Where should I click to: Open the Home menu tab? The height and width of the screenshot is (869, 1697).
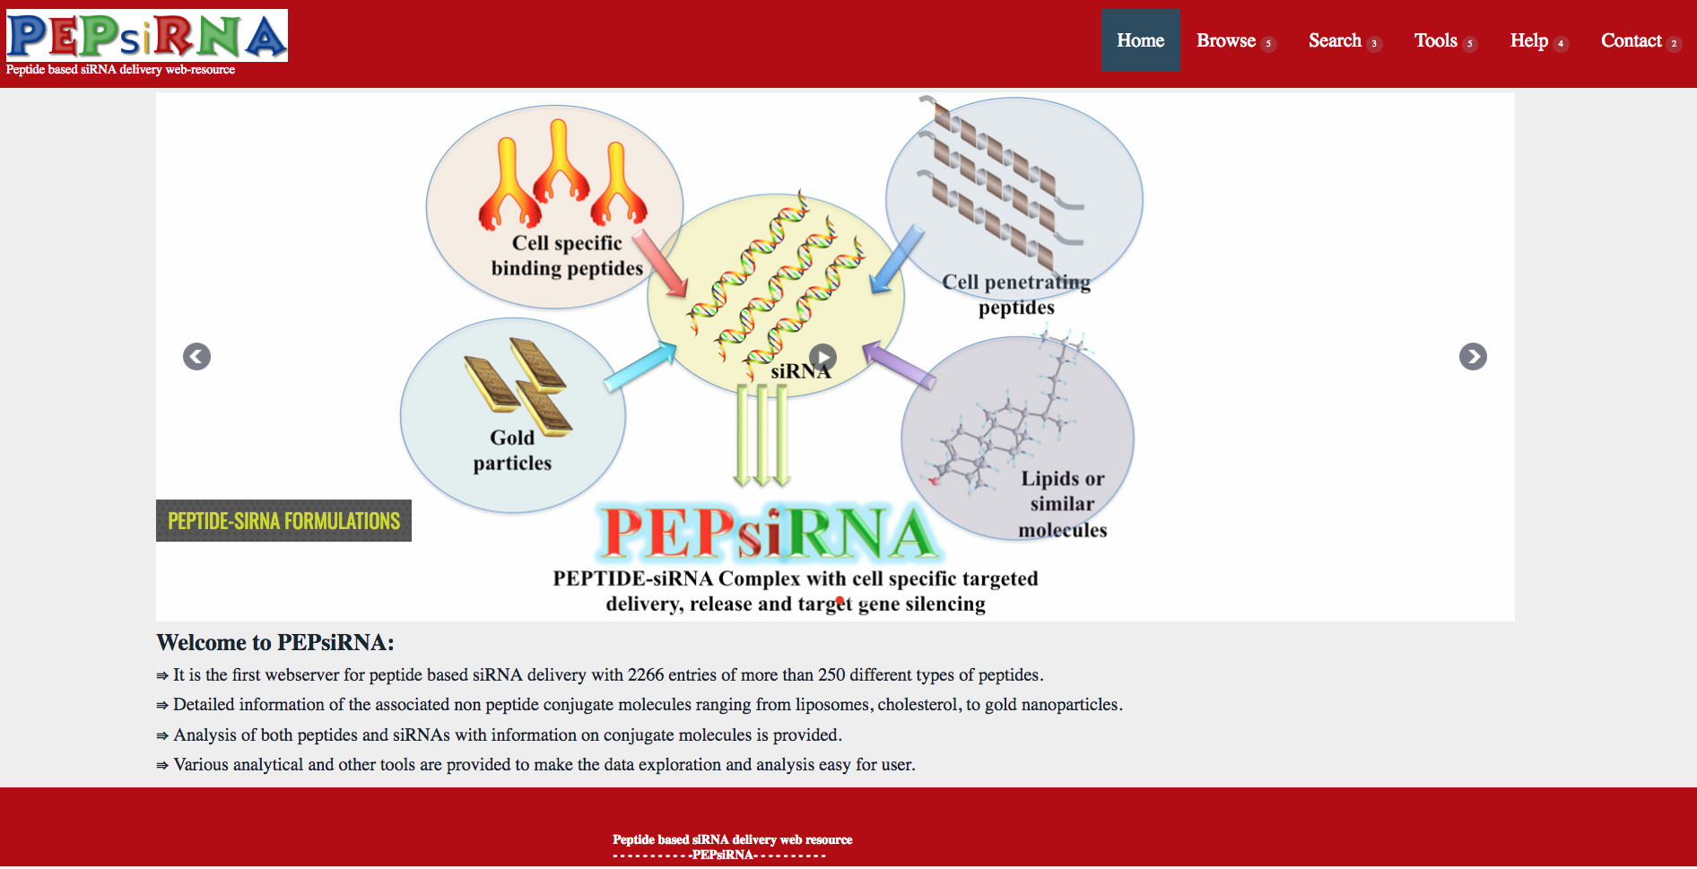1140,40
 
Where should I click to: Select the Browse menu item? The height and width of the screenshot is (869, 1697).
1226,40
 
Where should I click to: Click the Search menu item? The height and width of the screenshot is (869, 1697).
1335,40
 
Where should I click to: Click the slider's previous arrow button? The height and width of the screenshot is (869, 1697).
196,357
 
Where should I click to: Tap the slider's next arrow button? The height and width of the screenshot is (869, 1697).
1473,357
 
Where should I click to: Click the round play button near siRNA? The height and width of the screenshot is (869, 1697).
822,358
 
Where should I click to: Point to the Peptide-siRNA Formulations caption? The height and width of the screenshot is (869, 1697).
283,521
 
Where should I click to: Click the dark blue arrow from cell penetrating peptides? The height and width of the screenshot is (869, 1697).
897,259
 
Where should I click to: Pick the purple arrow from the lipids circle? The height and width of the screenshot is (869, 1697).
900,365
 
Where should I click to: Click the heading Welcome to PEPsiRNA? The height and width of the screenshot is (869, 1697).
274,643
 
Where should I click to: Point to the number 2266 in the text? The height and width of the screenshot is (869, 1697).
646,675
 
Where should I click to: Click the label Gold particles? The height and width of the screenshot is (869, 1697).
512,450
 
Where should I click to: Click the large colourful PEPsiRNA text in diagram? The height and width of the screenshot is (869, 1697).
768,534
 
